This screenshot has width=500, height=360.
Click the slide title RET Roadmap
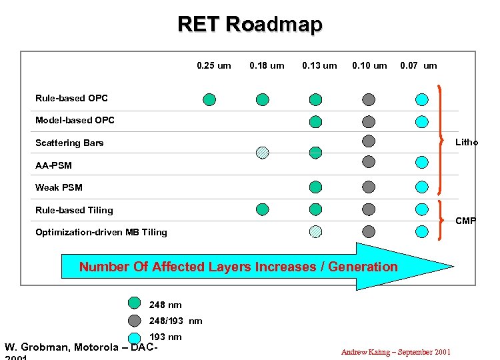250,24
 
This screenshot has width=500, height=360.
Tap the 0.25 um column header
214,65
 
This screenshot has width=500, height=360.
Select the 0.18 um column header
267,65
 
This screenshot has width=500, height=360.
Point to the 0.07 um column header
419,65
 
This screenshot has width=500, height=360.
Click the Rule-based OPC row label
71,98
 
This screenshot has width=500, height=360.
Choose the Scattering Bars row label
69,143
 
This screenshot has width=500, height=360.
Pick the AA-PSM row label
53,165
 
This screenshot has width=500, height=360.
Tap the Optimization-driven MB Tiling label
101,232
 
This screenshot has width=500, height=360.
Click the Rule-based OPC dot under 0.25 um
209,99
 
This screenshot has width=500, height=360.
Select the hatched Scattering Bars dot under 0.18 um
263,153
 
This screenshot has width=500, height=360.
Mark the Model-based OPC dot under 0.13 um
315,121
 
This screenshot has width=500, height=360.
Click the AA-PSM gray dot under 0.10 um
369,161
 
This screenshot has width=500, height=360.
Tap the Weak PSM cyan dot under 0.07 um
421,187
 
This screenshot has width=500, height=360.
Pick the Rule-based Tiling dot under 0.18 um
263,209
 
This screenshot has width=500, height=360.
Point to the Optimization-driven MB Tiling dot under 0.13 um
315,231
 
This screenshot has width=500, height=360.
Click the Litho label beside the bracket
467,142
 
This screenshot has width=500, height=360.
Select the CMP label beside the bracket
466,221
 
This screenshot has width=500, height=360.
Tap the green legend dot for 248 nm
134,304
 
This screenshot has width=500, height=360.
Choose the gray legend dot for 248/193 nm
134,321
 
